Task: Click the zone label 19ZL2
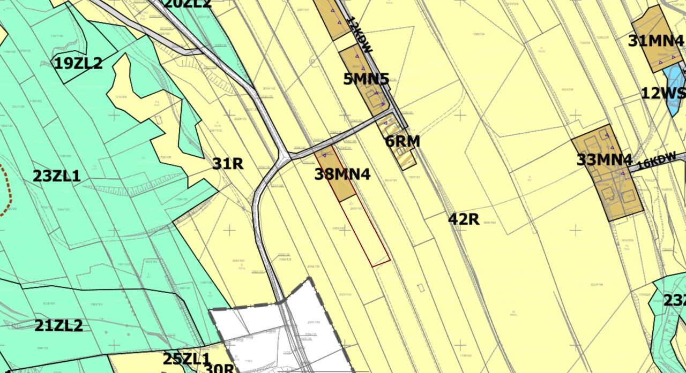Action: [78, 64]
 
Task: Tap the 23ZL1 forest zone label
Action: [57, 176]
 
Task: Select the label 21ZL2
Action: [59, 325]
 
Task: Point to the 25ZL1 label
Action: [186, 359]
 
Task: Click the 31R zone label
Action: [228, 164]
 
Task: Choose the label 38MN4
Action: [342, 174]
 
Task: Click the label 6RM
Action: [402, 142]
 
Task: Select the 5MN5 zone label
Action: [366, 79]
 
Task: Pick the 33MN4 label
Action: [605, 159]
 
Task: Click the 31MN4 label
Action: [655, 41]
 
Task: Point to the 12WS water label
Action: [663, 94]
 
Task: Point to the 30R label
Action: [219, 369]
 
